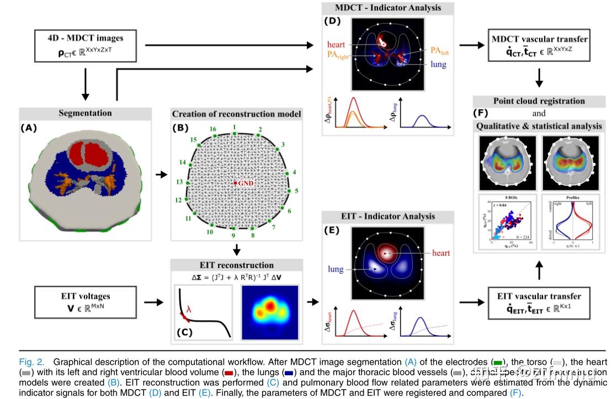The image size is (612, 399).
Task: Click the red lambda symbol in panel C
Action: [189, 310]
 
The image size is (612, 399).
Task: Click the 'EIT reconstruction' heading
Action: [237, 265]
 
